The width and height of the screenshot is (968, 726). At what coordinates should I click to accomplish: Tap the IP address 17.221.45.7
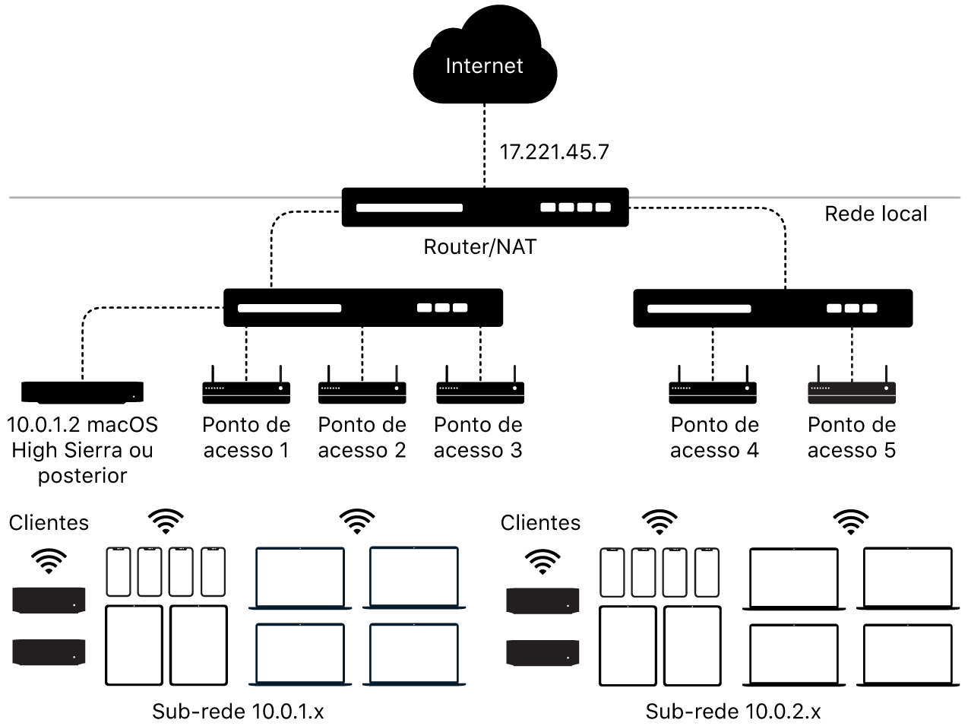[x=554, y=152]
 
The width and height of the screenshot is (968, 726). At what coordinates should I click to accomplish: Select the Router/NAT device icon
[x=485, y=207]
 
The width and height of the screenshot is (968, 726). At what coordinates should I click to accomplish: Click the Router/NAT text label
[x=479, y=247]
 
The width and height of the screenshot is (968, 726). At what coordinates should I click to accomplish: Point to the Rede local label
[x=875, y=214]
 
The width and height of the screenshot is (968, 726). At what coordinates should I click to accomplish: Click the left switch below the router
[x=362, y=308]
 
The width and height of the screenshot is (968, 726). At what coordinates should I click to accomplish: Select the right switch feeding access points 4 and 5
[x=772, y=308]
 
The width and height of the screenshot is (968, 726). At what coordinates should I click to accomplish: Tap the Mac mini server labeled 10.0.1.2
[x=82, y=392]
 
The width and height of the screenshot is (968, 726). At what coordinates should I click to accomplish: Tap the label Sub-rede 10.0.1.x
[x=238, y=712]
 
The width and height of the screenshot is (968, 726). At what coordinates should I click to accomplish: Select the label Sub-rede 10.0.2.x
[x=732, y=712]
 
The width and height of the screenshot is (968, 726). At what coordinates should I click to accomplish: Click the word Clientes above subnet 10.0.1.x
[x=49, y=523]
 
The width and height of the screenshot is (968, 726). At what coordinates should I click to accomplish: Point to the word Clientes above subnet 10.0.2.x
[x=540, y=523]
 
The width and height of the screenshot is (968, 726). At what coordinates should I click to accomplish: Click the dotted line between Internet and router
[x=485, y=144]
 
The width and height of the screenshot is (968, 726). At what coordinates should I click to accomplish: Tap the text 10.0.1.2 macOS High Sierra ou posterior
[x=82, y=450]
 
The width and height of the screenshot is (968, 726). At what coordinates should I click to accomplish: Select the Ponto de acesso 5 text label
[x=851, y=437]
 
